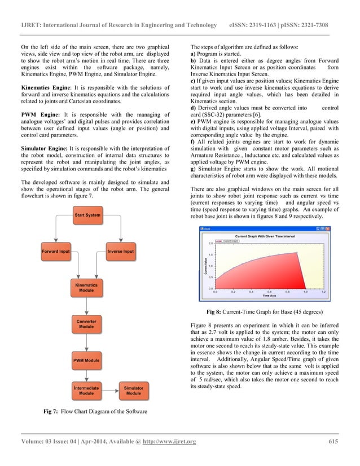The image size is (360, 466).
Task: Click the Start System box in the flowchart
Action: point(88,215)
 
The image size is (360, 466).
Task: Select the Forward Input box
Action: point(55,251)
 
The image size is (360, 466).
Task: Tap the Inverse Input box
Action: point(120,251)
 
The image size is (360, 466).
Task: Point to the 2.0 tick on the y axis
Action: point(210,243)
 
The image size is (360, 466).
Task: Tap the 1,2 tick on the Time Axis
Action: point(323,292)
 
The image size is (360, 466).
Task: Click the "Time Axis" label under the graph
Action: point(269,296)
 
